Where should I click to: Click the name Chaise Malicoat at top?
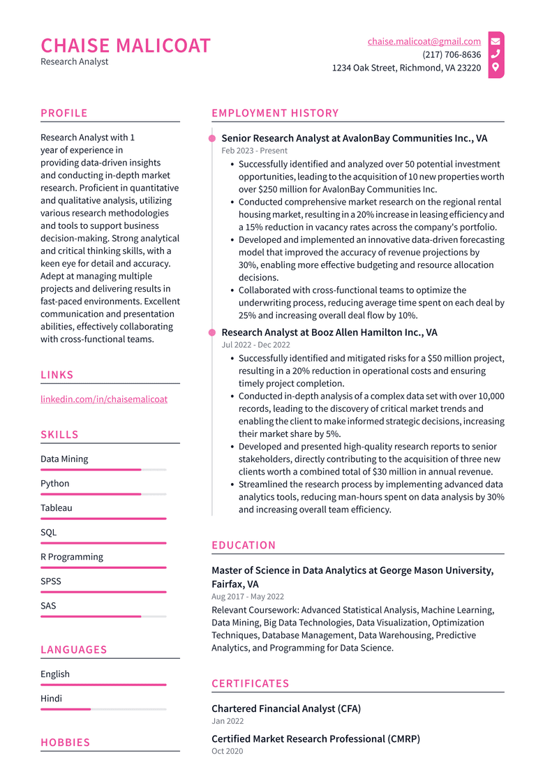pos(126,45)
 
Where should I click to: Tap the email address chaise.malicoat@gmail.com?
pos(424,42)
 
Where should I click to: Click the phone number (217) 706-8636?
pos(451,54)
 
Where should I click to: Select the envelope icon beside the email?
pos(496,42)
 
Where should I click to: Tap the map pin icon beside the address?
pos(496,68)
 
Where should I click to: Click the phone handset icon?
pos(496,54)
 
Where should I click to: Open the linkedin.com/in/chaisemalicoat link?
pos(104,399)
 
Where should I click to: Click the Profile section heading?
pos(64,113)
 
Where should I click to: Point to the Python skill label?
pos(55,484)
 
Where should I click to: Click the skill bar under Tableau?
pos(103,519)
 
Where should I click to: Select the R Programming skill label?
pos(72,557)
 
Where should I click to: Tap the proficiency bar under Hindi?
pos(103,709)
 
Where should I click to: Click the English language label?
pos(55,674)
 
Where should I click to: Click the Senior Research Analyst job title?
pos(354,138)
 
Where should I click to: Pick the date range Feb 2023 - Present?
pos(254,151)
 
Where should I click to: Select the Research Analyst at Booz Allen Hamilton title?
pos(329,332)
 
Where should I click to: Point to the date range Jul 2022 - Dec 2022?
pos(255,345)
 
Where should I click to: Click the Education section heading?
pos(244,545)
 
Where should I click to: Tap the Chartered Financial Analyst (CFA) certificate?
pos(286,708)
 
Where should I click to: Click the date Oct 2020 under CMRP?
pos(228,751)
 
